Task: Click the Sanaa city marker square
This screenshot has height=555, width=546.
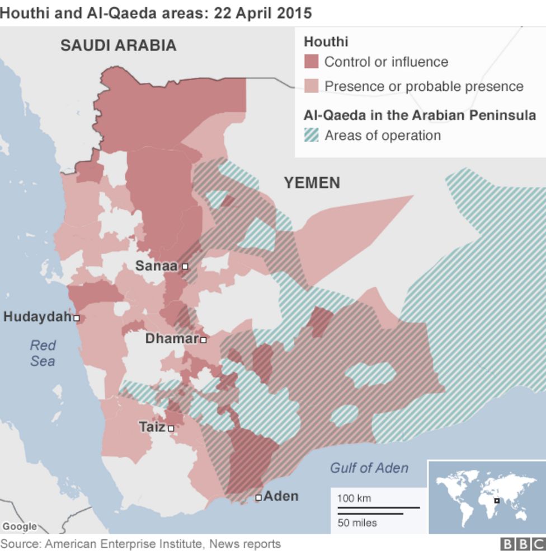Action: pyautogui.click(x=185, y=267)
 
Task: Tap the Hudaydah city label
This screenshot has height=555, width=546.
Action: pyautogui.click(x=37, y=317)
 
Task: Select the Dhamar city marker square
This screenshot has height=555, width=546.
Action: pyautogui.click(x=204, y=340)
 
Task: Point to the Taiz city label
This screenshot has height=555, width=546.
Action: pyautogui.click(x=152, y=427)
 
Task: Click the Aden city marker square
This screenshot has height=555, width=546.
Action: pyautogui.click(x=258, y=497)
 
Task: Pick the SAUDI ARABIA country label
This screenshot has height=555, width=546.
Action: pyautogui.click(x=118, y=45)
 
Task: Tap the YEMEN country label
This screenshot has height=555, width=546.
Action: pyautogui.click(x=312, y=183)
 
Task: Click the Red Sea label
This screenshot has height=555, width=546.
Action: pyautogui.click(x=43, y=353)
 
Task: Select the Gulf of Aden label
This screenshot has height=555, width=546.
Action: pyautogui.click(x=369, y=468)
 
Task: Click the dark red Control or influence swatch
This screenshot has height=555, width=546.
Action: pyautogui.click(x=311, y=62)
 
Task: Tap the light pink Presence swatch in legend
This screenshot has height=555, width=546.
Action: pyautogui.click(x=311, y=86)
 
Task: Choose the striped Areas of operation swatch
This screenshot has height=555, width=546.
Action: pyautogui.click(x=311, y=136)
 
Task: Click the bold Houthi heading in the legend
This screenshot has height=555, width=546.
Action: pyautogui.click(x=326, y=41)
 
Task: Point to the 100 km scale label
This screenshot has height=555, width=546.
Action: pyautogui.click(x=354, y=498)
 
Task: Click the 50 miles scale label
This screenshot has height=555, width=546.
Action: pyautogui.click(x=357, y=523)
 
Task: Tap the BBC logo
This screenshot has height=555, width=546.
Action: pyautogui.click(x=522, y=544)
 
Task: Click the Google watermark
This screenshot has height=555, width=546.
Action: pyautogui.click(x=19, y=526)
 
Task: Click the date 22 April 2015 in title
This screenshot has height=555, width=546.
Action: pyautogui.click(x=262, y=12)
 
